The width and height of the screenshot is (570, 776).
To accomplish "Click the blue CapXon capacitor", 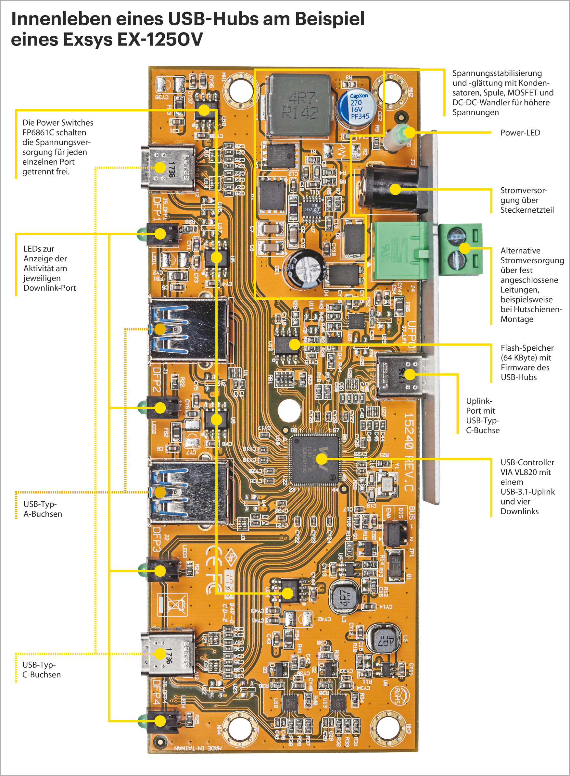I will point(359,107).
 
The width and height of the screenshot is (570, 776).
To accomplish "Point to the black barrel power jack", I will point(393,189).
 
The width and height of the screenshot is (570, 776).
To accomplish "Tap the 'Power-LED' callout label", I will point(520,133).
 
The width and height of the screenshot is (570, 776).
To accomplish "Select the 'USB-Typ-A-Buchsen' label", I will point(43,509).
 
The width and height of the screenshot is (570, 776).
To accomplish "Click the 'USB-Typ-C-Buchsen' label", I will point(41,670).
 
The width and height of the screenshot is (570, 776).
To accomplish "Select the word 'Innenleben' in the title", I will point(60,19).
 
